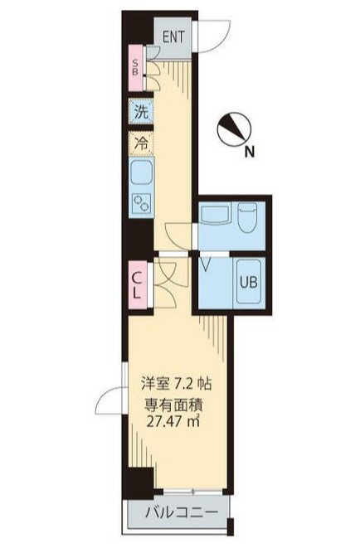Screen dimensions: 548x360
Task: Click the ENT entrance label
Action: click(173, 36)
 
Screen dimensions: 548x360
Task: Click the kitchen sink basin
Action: click(139, 174)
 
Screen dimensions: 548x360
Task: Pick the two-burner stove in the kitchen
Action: click(139, 202)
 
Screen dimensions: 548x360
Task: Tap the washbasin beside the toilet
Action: click(213, 214)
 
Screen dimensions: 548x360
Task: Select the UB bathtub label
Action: click(249, 281)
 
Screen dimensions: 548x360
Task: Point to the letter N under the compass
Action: click(249, 152)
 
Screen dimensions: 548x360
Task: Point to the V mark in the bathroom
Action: click(205, 265)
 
